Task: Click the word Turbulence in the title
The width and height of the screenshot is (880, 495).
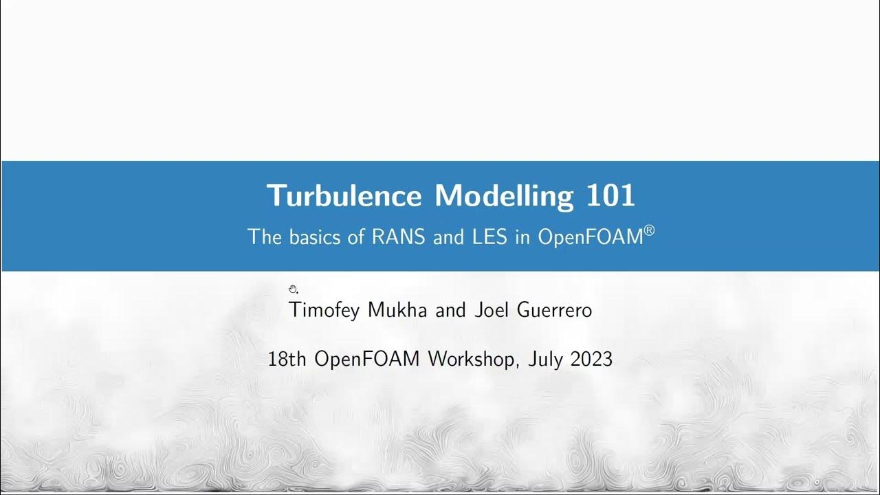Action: pyautogui.click(x=344, y=196)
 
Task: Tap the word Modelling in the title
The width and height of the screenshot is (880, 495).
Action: pyautogui.click(x=504, y=196)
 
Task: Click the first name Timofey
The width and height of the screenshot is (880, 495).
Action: pyautogui.click(x=325, y=311)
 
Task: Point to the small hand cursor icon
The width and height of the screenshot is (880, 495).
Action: pyautogui.click(x=292, y=289)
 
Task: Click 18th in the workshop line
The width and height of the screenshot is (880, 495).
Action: pyautogui.click(x=287, y=359)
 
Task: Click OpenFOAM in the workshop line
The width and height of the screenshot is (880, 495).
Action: pyautogui.click(x=366, y=359)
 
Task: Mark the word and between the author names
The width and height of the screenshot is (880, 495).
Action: pyautogui.click(x=451, y=310)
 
